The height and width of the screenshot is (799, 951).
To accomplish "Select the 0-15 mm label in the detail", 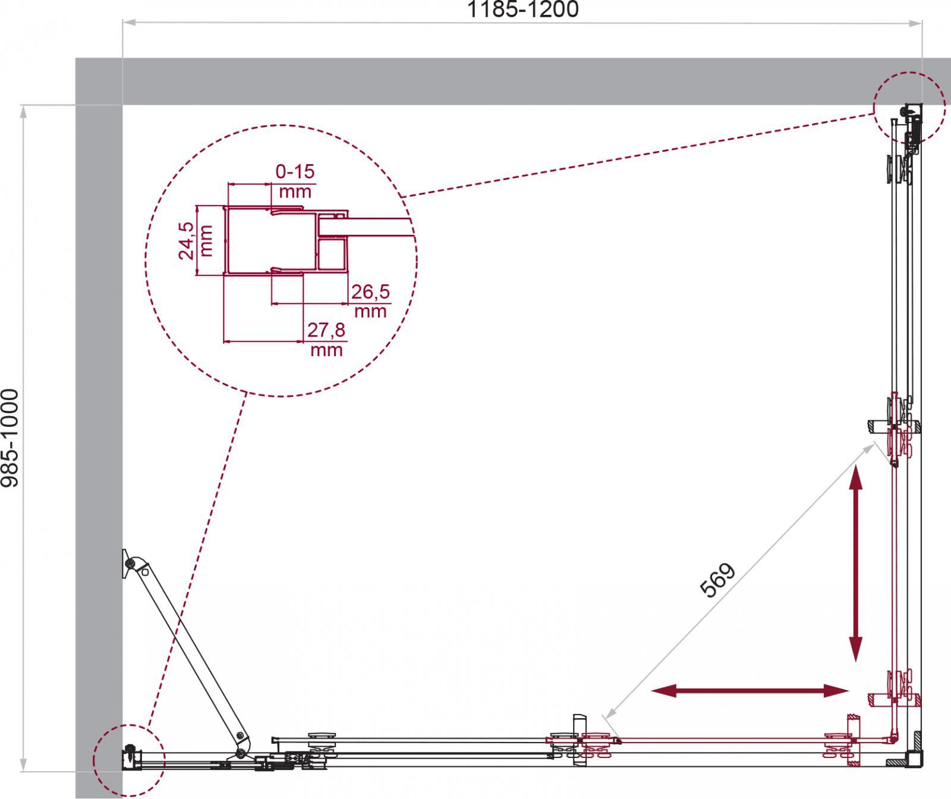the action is click(295, 181).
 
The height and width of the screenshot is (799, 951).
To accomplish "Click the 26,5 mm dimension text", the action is click(369, 301).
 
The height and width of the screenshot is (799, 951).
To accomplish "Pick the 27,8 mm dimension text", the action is click(326, 339).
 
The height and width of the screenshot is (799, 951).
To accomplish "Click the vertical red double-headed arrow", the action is click(855, 564).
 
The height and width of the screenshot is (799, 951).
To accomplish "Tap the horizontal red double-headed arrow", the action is click(750, 690).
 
